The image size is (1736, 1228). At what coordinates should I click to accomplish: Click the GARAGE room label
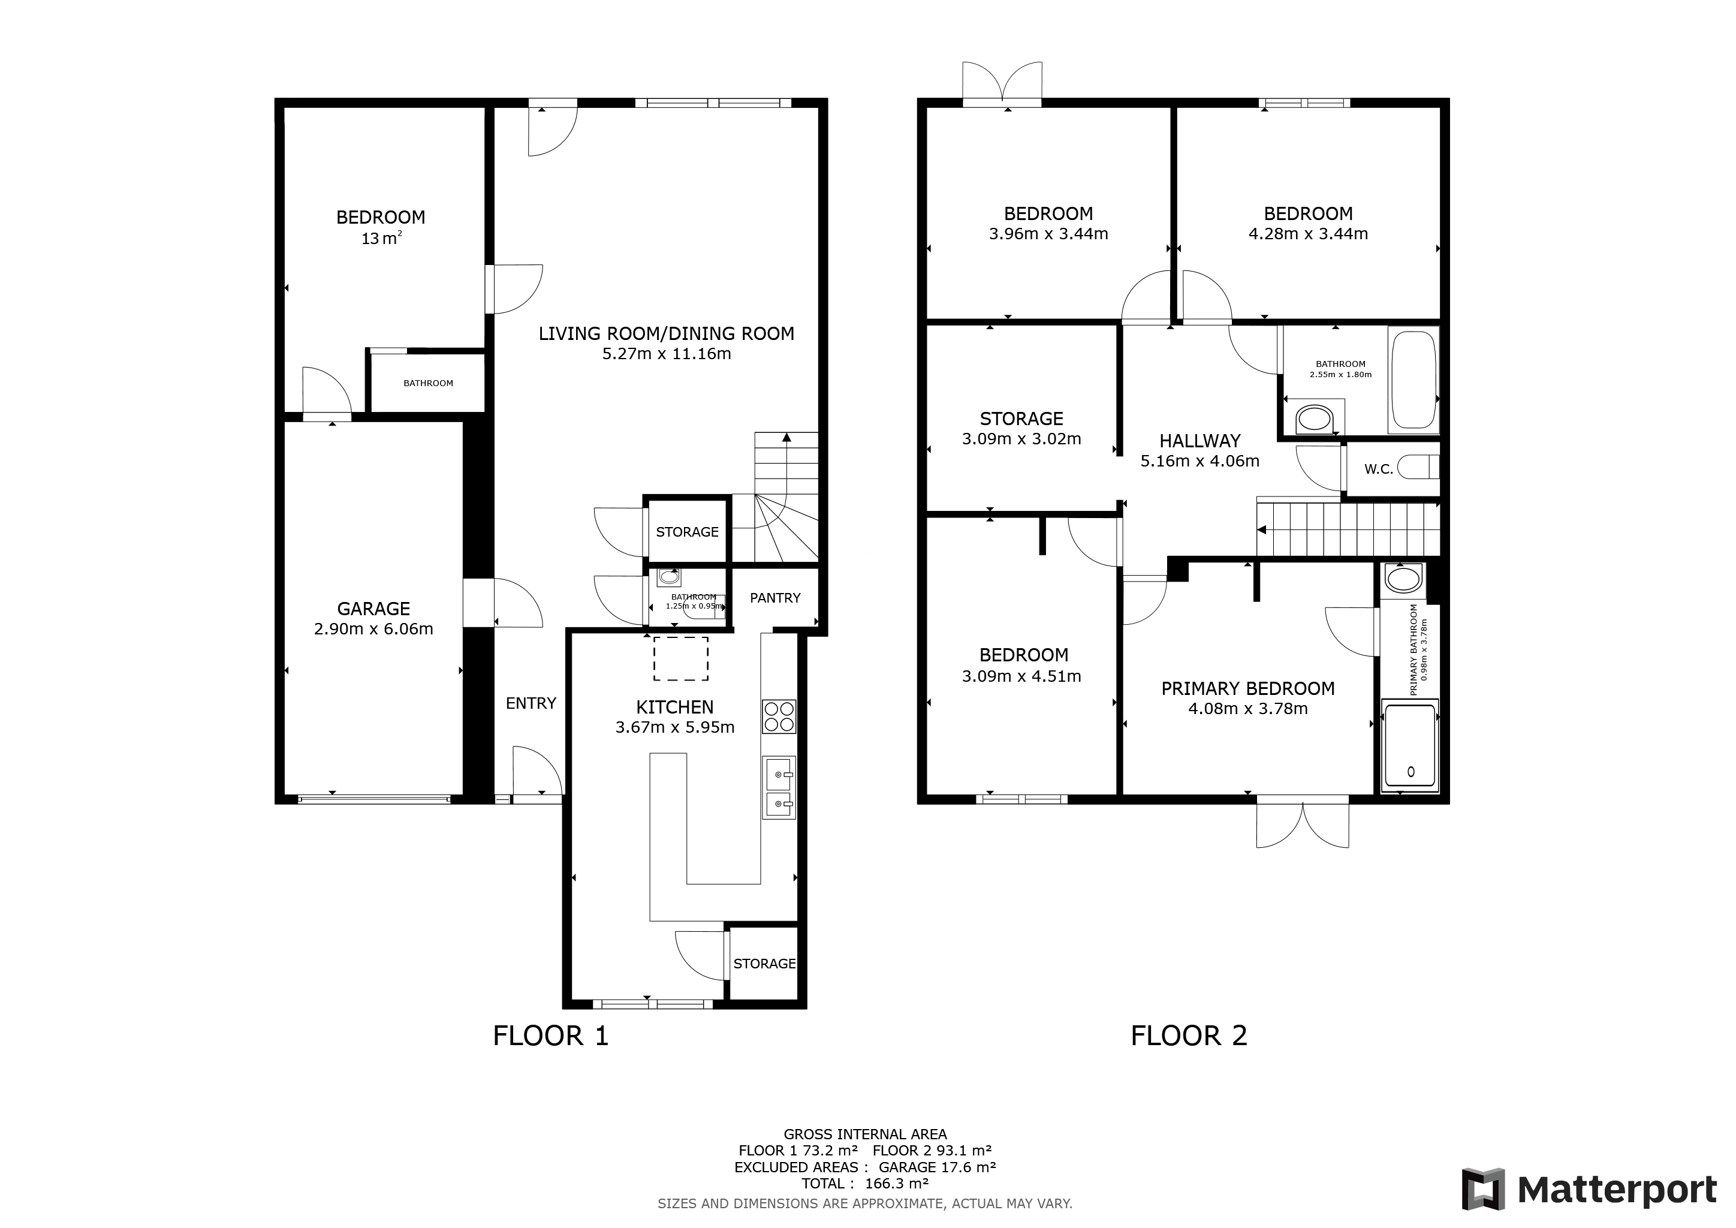tap(373, 609)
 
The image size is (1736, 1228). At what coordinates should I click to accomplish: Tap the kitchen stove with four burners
tap(779, 716)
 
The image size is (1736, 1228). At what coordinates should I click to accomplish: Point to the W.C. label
tap(1378, 469)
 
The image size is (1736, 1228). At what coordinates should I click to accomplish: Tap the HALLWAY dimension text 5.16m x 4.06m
tap(1200, 461)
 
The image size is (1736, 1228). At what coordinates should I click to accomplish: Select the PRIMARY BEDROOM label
tap(1247, 689)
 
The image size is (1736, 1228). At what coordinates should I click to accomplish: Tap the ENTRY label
tap(531, 704)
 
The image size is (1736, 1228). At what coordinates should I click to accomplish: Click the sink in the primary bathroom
tap(1403, 580)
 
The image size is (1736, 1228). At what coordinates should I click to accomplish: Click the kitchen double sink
tap(779, 788)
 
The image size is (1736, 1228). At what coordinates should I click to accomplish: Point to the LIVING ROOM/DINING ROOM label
tap(666, 334)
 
